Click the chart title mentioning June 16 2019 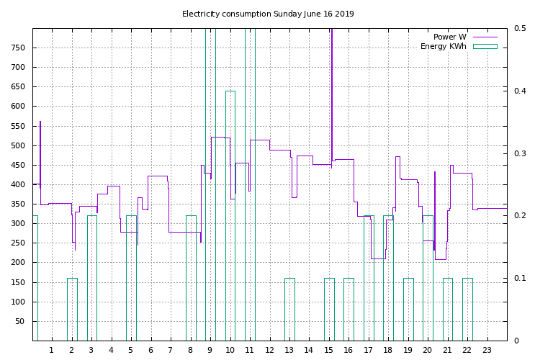click(x=268, y=14)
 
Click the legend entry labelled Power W click(x=449, y=37)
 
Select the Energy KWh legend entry click(x=443, y=47)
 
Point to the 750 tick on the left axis click(x=17, y=48)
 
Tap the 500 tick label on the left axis click(x=17, y=146)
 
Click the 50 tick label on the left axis click(x=19, y=322)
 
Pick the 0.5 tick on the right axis click(x=520, y=29)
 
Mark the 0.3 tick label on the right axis click(x=520, y=154)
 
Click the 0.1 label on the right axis click(x=520, y=279)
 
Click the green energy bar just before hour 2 click(x=72, y=310)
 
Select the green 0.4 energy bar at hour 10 click(x=230, y=216)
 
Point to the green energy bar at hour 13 click(x=289, y=310)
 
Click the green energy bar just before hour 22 click(x=467, y=310)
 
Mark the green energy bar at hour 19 click(x=408, y=310)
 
